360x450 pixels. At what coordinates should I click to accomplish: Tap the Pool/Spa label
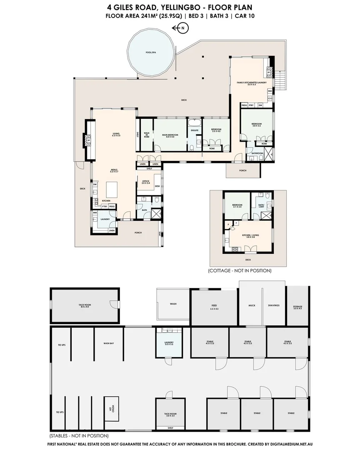(150, 53)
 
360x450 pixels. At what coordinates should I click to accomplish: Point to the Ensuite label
(195, 131)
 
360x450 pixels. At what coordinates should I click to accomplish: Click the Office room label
(145, 182)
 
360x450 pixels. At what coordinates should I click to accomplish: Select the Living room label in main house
(116, 134)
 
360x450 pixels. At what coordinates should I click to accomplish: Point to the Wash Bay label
(109, 343)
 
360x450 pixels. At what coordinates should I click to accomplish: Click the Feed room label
(214, 307)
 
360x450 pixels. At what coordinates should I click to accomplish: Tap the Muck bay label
(251, 305)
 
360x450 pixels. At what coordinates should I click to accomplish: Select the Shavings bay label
(274, 305)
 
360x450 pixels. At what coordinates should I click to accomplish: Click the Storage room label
(297, 307)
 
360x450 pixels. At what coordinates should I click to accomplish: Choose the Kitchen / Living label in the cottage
(250, 236)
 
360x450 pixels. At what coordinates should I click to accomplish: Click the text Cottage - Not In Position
(239, 270)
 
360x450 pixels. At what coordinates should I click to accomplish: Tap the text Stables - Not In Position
(79, 435)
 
